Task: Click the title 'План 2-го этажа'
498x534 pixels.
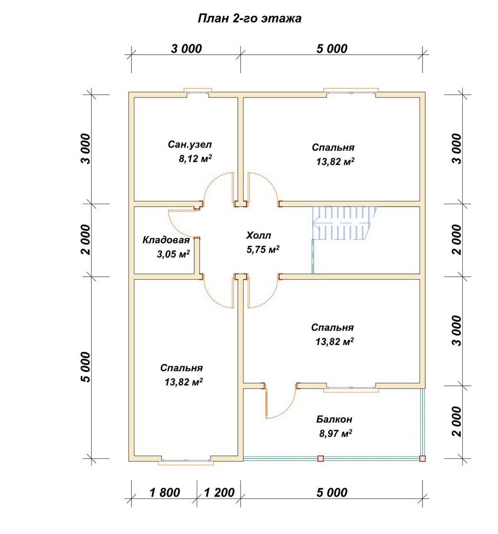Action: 249,19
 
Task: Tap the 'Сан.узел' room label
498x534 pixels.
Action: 190,145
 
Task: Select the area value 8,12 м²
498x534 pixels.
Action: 195,158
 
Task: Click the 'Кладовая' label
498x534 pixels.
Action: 166,240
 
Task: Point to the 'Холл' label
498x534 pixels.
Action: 259,235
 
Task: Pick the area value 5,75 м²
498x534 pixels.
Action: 263,249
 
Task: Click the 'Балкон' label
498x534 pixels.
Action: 334,419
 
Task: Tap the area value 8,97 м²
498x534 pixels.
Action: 335,433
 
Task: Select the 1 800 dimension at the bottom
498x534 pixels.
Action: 165,493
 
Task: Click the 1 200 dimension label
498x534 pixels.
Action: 219,493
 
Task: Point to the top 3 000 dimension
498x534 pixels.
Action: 186,49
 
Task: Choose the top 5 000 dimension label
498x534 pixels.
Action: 332,49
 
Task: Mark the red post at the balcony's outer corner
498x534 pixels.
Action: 422,458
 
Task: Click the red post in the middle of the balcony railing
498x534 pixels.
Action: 320,458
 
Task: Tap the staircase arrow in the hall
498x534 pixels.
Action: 342,223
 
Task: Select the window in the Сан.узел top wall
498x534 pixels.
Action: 198,91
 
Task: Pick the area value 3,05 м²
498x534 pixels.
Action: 173,254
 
